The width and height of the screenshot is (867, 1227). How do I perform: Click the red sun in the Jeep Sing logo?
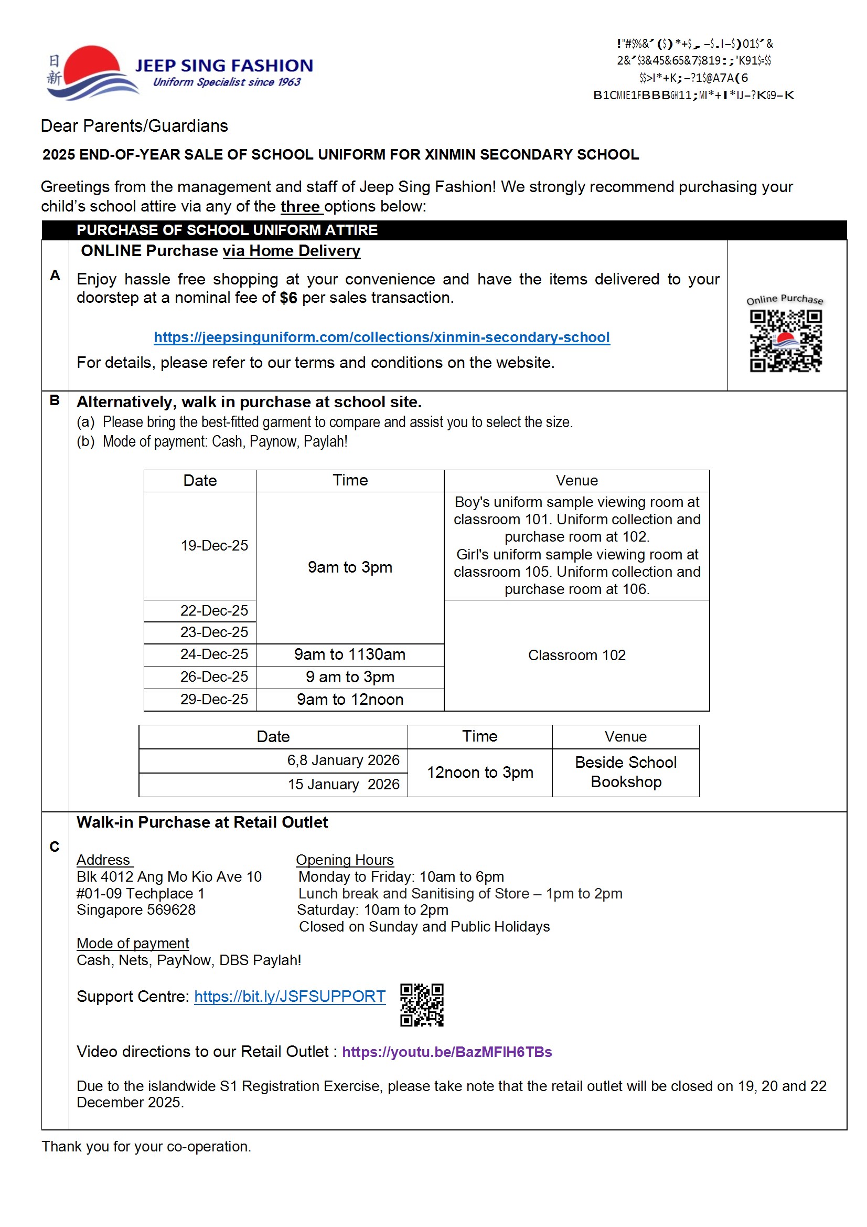[x=92, y=63]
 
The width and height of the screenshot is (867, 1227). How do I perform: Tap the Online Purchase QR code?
[x=785, y=341]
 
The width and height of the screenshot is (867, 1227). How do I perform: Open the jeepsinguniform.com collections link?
[x=381, y=337]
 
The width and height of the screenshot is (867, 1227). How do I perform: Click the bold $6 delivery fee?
[x=288, y=298]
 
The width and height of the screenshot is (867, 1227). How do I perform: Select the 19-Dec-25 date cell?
[x=213, y=545]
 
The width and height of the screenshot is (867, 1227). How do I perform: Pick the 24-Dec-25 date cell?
[x=213, y=654]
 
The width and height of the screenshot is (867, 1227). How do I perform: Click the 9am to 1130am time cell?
[x=350, y=654]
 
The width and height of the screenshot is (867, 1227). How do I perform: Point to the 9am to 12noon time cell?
[x=350, y=699]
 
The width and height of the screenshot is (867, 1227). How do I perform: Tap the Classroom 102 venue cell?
[x=576, y=655]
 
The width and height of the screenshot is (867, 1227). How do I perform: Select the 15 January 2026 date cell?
[x=343, y=784]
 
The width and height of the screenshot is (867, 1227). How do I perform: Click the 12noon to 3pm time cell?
[x=480, y=772]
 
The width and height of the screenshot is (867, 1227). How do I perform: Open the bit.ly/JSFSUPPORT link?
[x=290, y=996]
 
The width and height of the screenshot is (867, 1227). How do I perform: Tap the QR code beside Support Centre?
[x=422, y=1004]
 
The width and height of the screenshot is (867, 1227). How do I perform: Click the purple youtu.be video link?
[x=446, y=1052]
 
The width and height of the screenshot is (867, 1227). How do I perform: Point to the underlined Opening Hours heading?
[x=345, y=860]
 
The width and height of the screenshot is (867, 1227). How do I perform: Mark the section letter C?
[x=55, y=847]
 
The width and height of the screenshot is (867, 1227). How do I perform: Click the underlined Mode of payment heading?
[x=133, y=943]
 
